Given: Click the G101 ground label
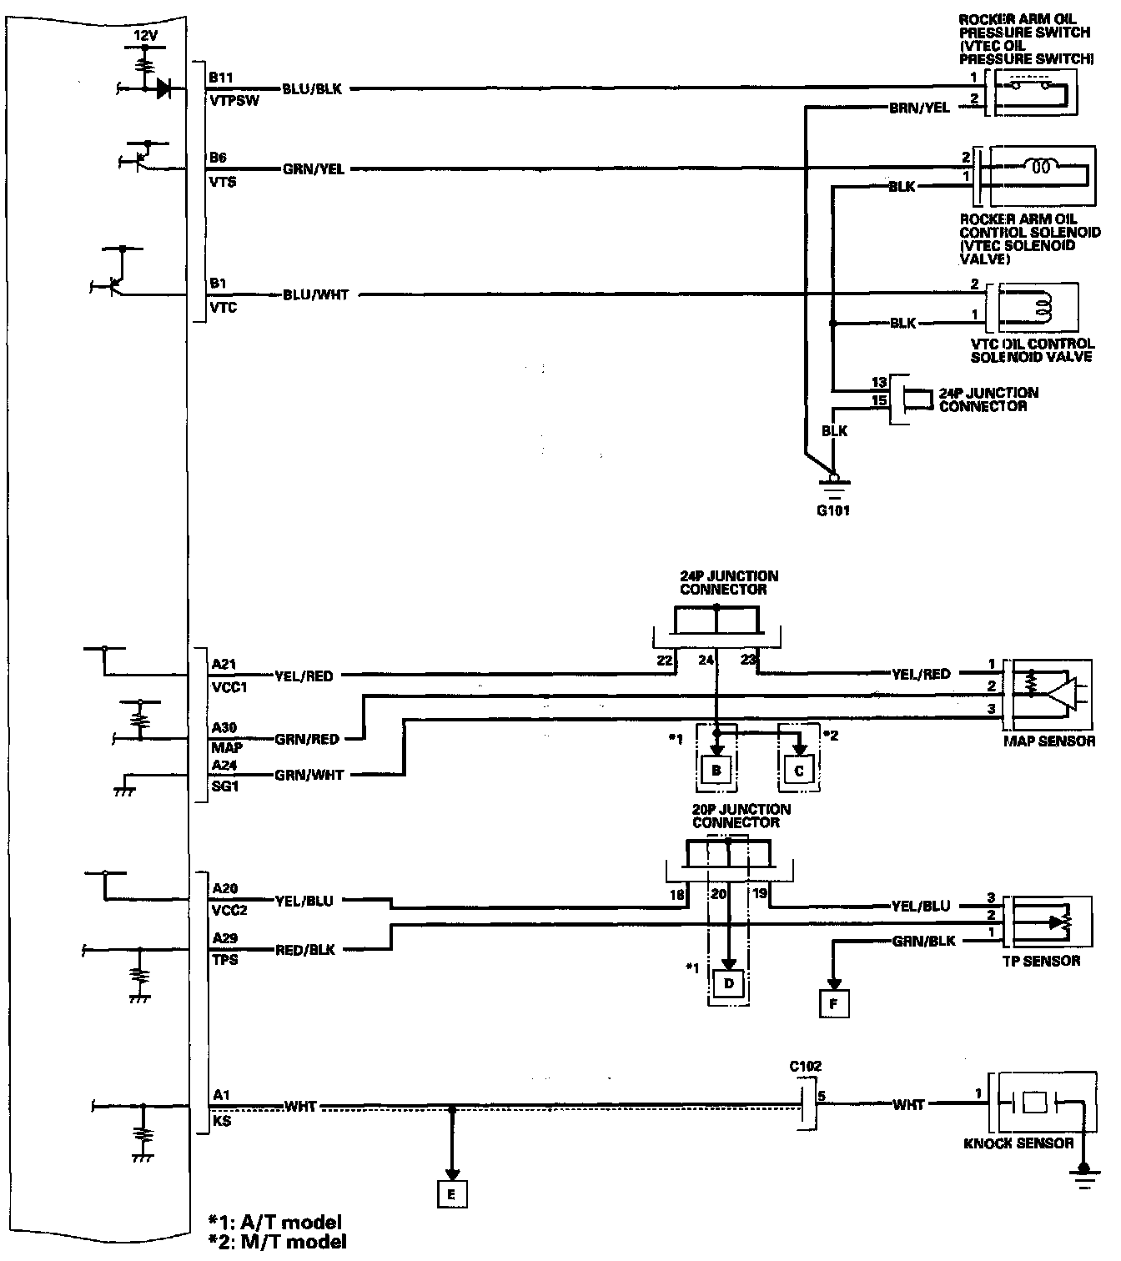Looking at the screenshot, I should click(x=833, y=510).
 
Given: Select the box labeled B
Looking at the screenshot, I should click(x=716, y=771).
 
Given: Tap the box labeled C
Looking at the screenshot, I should click(x=799, y=771).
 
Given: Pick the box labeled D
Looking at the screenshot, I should click(x=729, y=984).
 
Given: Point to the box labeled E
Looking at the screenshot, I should click(x=451, y=1194).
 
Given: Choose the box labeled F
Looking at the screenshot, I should click(x=833, y=1004).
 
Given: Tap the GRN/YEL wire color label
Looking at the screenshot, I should click(x=313, y=169).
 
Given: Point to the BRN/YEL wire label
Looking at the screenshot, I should click(x=919, y=108).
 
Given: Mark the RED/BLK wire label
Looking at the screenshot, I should click(x=305, y=949).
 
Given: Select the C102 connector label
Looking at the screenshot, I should click(x=805, y=1066).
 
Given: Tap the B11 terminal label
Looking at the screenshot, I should click(x=221, y=78).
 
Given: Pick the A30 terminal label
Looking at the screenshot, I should click(x=224, y=728).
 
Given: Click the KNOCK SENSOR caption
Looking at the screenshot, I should click(x=1018, y=1143).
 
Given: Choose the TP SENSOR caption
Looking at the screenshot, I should click(x=1041, y=961).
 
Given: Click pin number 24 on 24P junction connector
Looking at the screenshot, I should click(x=706, y=661).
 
